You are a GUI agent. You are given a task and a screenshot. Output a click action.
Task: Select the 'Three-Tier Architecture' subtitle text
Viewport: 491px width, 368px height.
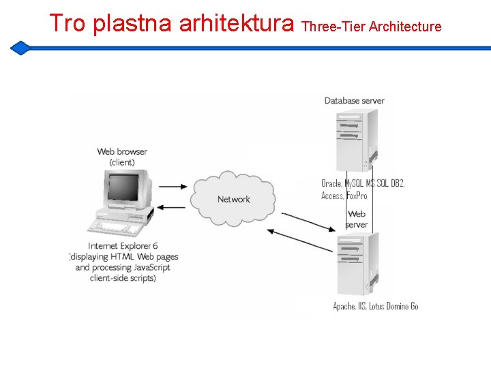click(371, 27)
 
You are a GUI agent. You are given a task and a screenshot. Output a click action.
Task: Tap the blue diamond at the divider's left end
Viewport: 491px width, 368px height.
click(21, 48)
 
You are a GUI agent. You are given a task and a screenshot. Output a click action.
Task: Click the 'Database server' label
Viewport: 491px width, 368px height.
click(354, 101)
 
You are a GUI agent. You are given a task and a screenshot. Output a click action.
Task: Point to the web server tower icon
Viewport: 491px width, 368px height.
click(355, 263)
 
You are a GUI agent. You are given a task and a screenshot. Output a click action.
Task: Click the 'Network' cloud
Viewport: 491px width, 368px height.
click(234, 199)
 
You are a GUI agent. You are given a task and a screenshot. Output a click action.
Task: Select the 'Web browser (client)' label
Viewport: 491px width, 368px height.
click(122, 157)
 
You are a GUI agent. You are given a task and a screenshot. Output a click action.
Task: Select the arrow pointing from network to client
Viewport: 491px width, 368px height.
click(171, 208)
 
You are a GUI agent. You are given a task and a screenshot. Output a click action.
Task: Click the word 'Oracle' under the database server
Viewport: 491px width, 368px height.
click(331, 183)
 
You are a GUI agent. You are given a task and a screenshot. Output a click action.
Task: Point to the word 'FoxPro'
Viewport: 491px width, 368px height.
click(357, 196)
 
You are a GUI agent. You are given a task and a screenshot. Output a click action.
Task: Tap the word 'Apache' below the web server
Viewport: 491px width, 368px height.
click(344, 306)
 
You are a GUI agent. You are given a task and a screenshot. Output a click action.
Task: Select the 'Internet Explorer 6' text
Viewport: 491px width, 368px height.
click(123, 246)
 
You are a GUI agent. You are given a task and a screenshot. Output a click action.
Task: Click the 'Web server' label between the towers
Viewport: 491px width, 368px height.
click(357, 219)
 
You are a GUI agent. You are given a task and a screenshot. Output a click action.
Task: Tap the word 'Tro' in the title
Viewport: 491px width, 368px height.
click(67, 24)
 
